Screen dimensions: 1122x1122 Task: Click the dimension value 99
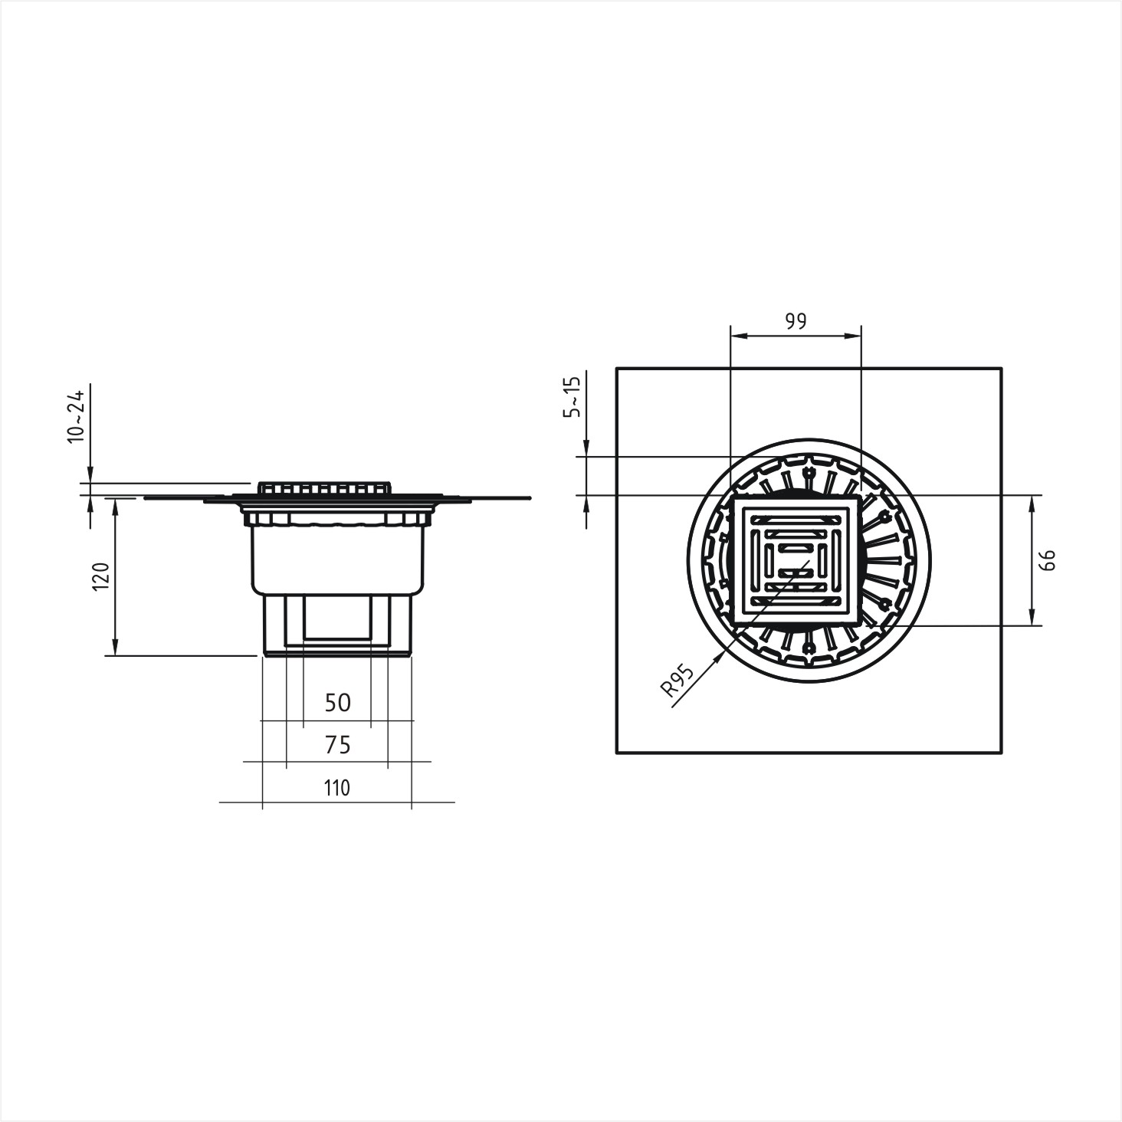click(796, 321)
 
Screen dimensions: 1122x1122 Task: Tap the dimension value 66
click(1048, 560)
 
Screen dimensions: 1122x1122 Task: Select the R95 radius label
click(677, 682)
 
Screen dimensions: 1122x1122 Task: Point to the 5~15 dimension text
click(572, 397)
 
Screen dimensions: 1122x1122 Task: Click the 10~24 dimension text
click(76, 417)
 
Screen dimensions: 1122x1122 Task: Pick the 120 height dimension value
click(100, 576)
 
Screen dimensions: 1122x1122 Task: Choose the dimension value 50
click(338, 704)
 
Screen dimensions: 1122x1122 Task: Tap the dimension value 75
click(338, 745)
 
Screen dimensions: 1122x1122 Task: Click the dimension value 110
click(337, 788)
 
